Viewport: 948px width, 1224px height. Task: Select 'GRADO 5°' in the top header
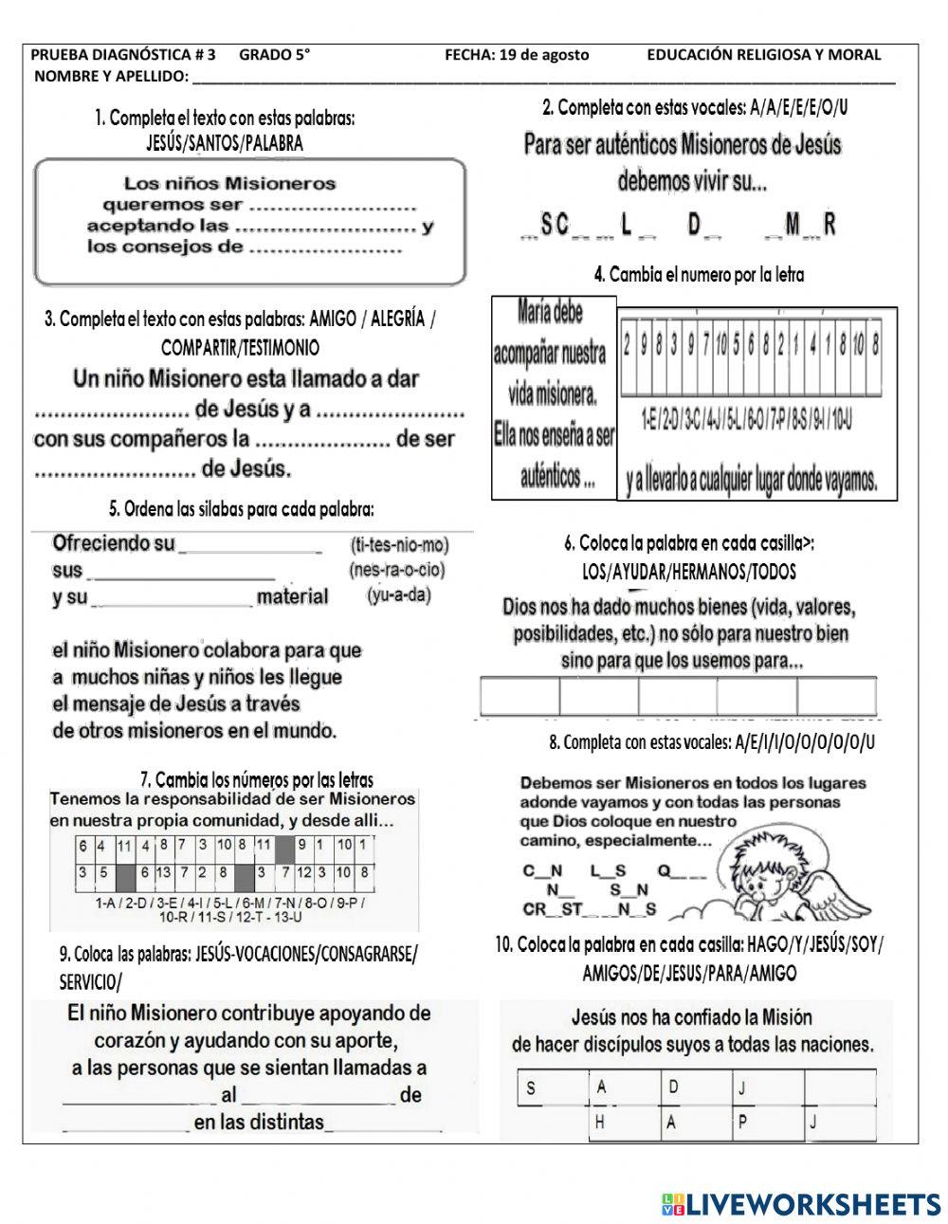[x=274, y=55]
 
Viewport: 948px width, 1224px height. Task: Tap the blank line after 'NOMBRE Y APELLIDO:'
[x=540, y=77]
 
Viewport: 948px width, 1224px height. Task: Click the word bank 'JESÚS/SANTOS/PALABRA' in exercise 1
[x=225, y=143]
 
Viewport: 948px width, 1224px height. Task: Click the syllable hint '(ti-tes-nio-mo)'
[x=399, y=545]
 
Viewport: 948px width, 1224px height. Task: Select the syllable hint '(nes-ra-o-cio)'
[x=396, y=570]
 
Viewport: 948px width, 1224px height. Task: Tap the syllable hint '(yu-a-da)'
[x=397, y=595]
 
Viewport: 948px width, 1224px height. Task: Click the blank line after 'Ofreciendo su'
[x=251, y=546]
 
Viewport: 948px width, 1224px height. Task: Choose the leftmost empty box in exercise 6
[x=520, y=696]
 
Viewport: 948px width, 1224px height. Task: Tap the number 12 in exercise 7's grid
[x=305, y=871]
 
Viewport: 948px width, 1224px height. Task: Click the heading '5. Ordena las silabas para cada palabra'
[x=243, y=509]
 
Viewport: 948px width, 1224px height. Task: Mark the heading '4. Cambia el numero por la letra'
[x=699, y=275]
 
